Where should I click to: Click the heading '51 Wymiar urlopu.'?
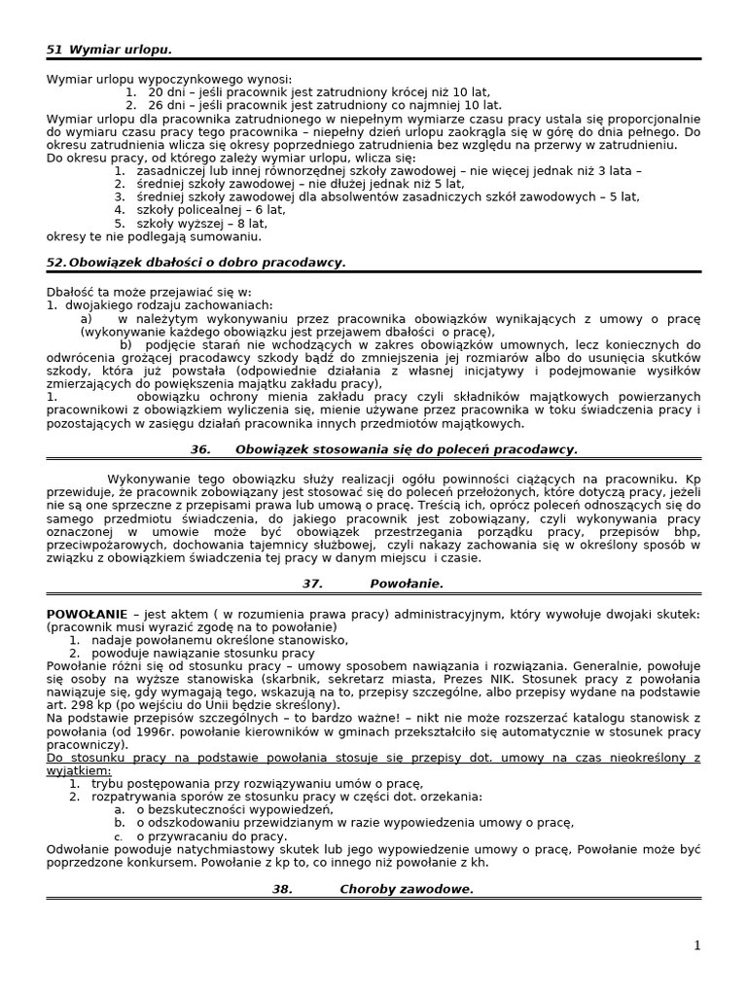(109, 49)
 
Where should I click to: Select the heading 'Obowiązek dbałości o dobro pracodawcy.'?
(206, 263)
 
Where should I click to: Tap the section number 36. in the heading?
(200, 449)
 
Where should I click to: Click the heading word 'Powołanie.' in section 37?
(407, 584)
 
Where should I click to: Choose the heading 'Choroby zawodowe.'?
(407, 889)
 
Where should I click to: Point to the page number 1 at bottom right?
(696, 945)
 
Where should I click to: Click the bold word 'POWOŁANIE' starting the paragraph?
(87, 614)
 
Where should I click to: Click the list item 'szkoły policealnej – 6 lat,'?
(210, 209)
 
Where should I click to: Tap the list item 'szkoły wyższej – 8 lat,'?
(201, 223)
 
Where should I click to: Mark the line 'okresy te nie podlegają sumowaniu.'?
(154, 236)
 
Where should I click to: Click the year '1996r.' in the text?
(146, 731)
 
